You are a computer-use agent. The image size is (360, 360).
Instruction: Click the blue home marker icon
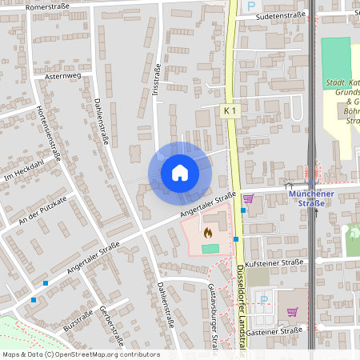(x=179, y=172)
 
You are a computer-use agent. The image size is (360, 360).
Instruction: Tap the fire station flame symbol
(x=208, y=233)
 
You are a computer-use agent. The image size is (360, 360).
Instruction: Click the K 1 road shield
(x=230, y=111)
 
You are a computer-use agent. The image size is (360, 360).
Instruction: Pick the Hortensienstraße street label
(x=50, y=132)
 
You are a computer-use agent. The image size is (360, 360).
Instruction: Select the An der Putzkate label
(x=43, y=207)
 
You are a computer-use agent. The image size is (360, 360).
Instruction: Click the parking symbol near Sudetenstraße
(x=250, y=6)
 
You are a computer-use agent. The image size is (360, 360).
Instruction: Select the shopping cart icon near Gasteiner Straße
(x=293, y=311)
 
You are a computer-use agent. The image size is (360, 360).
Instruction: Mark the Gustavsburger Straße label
(x=213, y=316)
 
